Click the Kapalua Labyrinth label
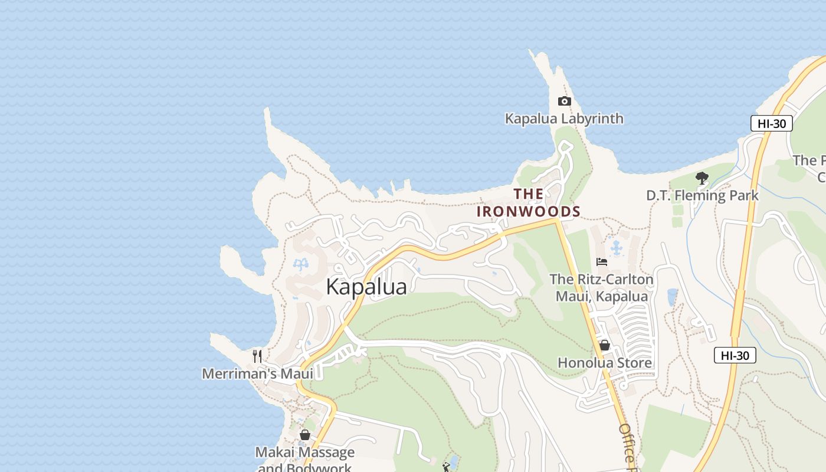[564, 119]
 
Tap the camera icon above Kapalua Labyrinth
[565, 101]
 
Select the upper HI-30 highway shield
[771, 123]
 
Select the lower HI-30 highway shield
[735, 355]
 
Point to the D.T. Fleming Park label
[702, 195]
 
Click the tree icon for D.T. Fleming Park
[702, 178]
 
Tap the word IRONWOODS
[529, 211]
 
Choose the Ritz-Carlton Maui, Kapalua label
[601, 287]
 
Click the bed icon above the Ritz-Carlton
[602, 261]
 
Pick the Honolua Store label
[605, 362]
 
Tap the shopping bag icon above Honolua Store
[604, 345]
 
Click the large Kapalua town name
[366, 287]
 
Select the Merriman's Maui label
[258, 373]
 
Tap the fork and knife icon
[257, 356]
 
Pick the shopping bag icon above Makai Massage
[304, 435]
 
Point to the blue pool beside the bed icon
[617, 248]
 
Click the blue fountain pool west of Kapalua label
[301, 264]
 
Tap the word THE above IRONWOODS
[529, 194]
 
